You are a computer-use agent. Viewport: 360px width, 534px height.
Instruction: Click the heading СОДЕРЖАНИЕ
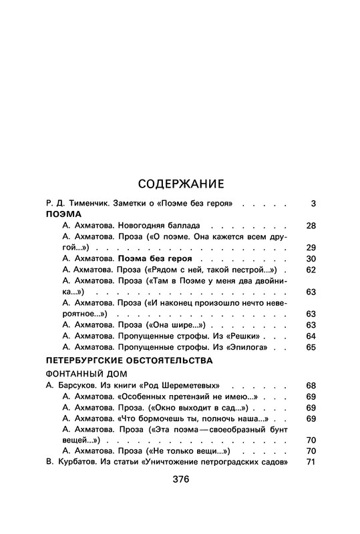[x=180, y=184]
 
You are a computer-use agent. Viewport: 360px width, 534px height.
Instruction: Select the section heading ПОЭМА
[x=63, y=215]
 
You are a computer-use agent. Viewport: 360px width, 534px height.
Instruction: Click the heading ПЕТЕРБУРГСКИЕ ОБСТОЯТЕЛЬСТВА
[x=129, y=360]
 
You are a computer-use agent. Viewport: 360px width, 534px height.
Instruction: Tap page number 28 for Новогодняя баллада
[x=310, y=226]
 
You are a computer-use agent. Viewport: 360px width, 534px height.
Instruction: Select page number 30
[x=310, y=258]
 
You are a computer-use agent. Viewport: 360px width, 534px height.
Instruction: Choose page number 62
[x=310, y=270]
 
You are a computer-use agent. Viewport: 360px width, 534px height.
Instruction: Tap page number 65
[x=310, y=347]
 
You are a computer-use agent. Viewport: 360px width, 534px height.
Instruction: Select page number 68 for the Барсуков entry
[x=310, y=386]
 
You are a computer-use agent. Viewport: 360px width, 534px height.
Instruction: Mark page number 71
[x=310, y=463]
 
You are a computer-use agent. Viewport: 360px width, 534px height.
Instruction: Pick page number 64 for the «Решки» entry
[x=310, y=336]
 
